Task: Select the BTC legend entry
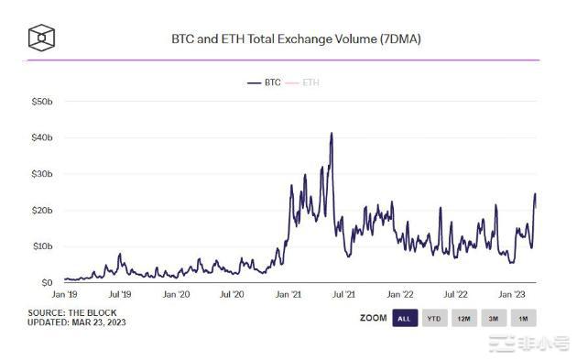265,82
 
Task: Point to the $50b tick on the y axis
41,102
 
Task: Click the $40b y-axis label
41,137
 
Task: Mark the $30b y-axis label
41,174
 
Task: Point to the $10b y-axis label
41,246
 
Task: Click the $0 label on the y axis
46,283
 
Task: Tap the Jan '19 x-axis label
63,295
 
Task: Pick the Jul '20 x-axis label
232,295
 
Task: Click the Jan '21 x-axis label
288,295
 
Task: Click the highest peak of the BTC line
331,134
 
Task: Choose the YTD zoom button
433,319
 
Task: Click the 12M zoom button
463,319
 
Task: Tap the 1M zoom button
523,319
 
